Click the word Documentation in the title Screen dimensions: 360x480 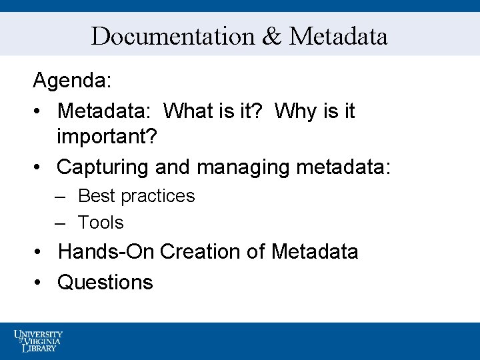coord(173,36)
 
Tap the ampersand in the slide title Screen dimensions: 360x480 coord(272,36)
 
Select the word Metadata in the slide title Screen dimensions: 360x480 coord(338,36)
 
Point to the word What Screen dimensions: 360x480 coord(193,111)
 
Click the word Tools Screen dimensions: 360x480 coord(101,223)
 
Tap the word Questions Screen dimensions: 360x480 coord(105,282)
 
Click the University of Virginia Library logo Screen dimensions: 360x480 coord(38,340)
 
